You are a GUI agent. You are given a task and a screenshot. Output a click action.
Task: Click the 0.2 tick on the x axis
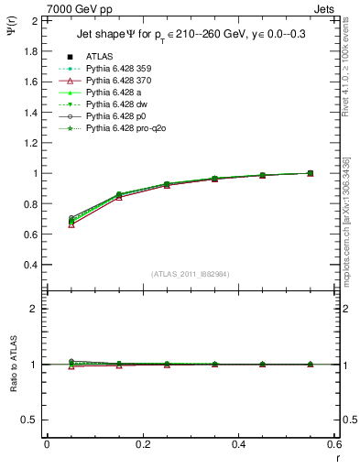[142, 444]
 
